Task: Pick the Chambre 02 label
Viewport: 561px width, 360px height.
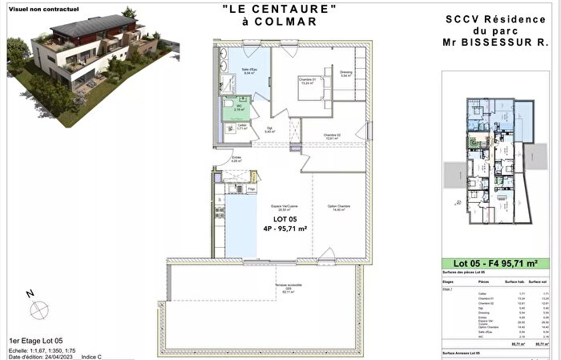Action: coord(333,136)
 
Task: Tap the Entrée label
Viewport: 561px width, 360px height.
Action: coord(236,159)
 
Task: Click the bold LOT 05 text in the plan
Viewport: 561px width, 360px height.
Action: coord(285,219)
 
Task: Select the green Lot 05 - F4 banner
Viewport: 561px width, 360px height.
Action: coord(496,264)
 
